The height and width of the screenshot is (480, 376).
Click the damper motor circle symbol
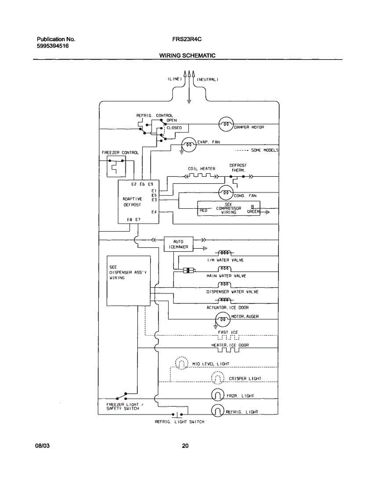225,124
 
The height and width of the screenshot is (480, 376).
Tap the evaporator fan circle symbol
189,145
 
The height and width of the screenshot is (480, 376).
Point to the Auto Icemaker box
178,244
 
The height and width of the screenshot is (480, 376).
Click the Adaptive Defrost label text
132,202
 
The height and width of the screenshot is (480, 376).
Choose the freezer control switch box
115,166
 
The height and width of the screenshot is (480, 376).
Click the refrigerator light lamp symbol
217,410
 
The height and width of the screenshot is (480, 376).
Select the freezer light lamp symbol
217,396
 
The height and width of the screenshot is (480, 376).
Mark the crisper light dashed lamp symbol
217,378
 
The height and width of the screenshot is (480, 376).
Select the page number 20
185,446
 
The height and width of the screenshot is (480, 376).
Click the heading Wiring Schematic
187,56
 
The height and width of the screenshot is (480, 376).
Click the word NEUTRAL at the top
207,80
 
